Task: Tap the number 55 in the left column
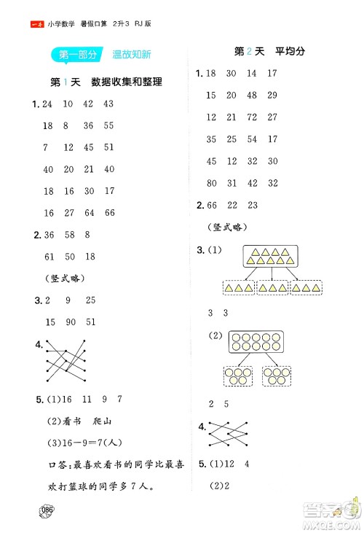click(109, 125)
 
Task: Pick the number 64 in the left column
click(89, 213)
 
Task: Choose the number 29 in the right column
click(272, 95)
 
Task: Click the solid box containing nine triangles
click(272, 257)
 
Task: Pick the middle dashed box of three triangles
click(272, 289)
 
